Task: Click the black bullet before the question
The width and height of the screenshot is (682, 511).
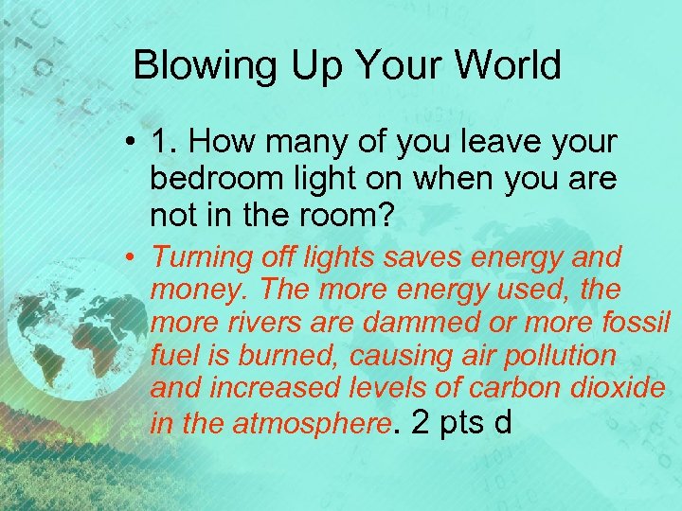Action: pyautogui.click(x=135, y=144)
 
